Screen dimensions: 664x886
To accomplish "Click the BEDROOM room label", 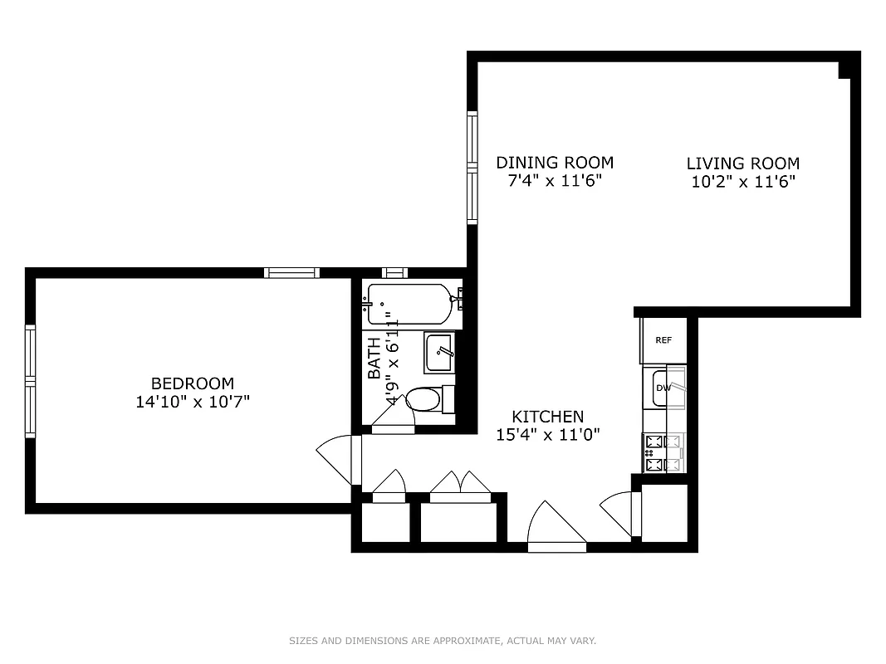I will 192,383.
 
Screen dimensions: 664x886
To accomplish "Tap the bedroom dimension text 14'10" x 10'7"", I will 192,402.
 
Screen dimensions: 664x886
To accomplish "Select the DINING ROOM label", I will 555,163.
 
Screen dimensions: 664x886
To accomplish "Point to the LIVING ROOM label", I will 742,164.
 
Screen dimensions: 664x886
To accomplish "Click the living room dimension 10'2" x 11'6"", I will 742,182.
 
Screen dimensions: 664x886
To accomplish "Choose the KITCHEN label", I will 547,417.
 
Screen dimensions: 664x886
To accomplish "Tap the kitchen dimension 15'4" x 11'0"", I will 547,434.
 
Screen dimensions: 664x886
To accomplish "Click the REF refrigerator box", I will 663,340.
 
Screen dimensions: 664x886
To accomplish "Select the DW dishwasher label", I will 663,388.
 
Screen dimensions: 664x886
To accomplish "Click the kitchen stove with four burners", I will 663,453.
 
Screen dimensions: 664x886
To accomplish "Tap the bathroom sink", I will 438,353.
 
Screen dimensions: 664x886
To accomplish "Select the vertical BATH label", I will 374,357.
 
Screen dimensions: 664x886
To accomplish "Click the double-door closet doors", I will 456,485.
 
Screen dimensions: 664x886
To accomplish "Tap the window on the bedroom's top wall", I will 291,272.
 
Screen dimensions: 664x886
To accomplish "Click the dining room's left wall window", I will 472,168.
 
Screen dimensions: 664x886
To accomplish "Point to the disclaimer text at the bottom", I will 443,641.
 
